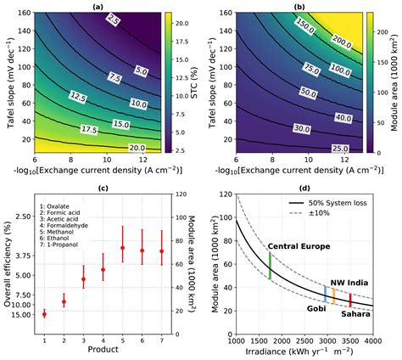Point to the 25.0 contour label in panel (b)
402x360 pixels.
coord(338,148)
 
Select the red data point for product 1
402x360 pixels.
coord(44,313)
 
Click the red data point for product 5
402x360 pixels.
coord(122,248)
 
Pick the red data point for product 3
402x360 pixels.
coord(83,278)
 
